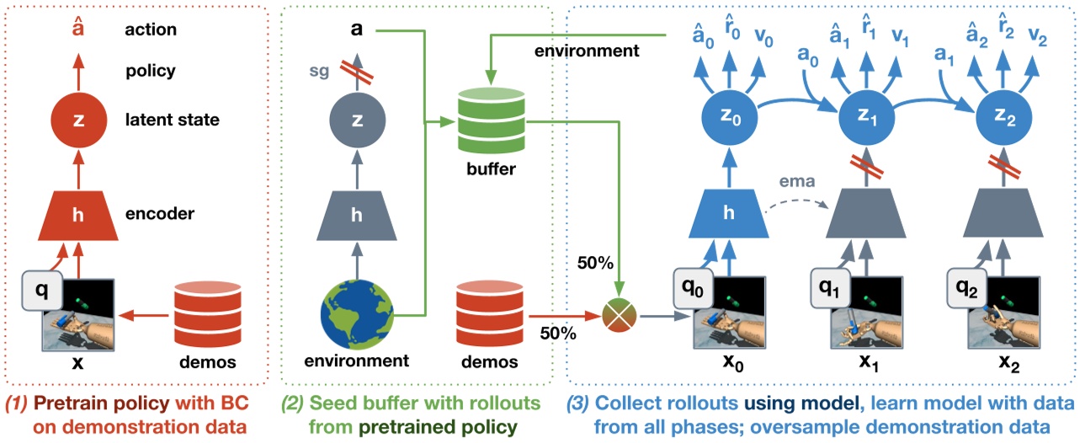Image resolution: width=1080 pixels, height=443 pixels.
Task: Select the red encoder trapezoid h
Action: pos(77,214)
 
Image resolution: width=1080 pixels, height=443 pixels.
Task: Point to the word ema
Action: pos(795,180)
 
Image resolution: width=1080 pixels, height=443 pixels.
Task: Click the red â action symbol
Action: pos(77,29)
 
